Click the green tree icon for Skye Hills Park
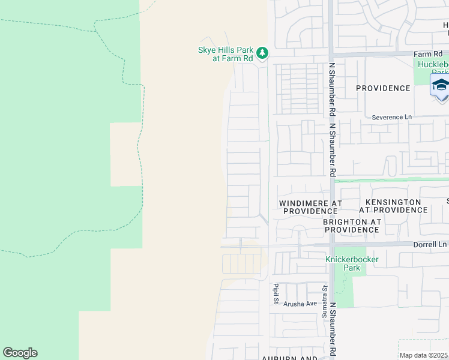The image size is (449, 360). pyautogui.click(x=262, y=53)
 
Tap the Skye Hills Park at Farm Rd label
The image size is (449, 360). pyautogui.click(x=226, y=54)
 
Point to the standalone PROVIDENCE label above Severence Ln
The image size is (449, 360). pyautogui.click(x=383, y=88)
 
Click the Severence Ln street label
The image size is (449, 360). pyautogui.click(x=392, y=117)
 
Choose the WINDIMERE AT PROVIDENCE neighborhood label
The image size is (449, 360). pyautogui.click(x=310, y=207)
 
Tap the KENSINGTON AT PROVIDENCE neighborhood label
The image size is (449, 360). pyautogui.click(x=393, y=206)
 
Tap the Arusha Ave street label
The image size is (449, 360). pyautogui.click(x=300, y=304)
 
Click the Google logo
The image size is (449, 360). pyautogui.click(x=20, y=353)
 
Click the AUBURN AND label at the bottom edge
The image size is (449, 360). pyautogui.click(x=289, y=358)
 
